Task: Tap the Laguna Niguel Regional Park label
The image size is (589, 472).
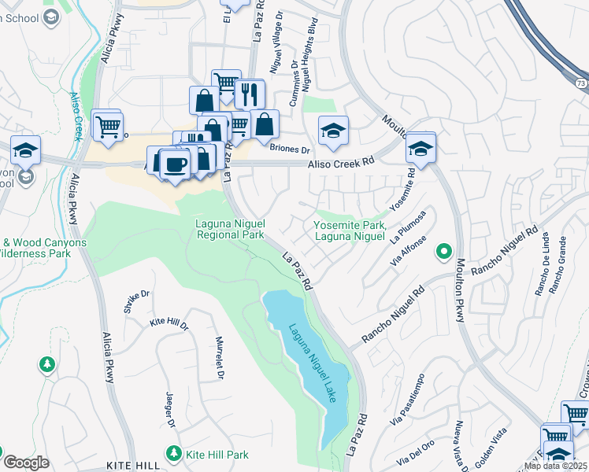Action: tap(230, 229)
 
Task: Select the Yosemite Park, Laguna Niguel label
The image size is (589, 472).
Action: tap(350, 230)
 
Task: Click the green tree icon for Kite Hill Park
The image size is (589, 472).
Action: tap(173, 453)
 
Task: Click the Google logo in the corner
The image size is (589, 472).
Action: tap(26, 463)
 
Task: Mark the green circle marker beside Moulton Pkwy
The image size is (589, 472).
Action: tap(444, 253)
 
